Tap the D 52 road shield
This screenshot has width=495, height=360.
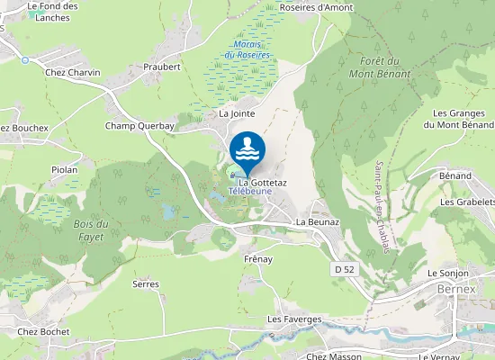(343, 269)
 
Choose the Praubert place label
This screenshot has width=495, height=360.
(162, 67)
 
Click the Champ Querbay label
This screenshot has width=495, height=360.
(139, 126)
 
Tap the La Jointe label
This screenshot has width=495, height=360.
(238, 114)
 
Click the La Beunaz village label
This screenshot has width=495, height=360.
(316, 221)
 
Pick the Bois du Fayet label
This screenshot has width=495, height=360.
(90, 230)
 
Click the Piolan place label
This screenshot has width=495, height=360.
(64, 169)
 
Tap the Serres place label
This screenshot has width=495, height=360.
(145, 283)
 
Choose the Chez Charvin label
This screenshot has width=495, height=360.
(72, 72)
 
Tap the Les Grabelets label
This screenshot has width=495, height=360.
(467, 202)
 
